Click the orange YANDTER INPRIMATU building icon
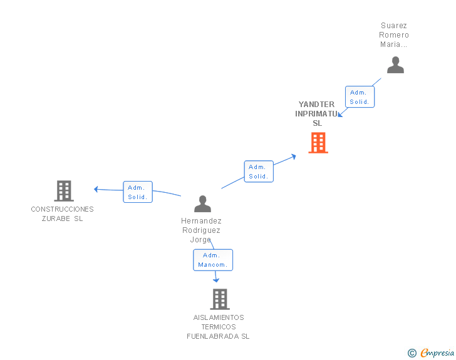click(x=318, y=143)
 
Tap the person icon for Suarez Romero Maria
click(x=395, y=65)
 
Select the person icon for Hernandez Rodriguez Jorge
click(x=203, y=203)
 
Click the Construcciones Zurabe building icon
click(x=64, y=191)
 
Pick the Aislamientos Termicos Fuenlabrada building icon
click(x=220, y=299)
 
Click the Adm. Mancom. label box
click(x=213, y=260)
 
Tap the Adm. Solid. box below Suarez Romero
click(x=360, y=97)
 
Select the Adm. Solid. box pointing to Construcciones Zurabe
click(x=138, y=192)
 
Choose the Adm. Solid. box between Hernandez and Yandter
click(x=259, y=172)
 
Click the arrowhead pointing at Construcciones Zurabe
click(x=96, y=189)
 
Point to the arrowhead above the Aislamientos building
click(x=216, y=280)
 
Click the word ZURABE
click(x=56, y=219)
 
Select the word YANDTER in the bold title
click(x=316, y=105)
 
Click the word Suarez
click(x=394, y=26)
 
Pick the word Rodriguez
click(x=201, y=230)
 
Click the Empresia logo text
click(x=437, y=352)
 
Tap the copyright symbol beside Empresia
click(x=412, y=353)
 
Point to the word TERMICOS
click(x=219, y=327)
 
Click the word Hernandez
click(x=201, y=221)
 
